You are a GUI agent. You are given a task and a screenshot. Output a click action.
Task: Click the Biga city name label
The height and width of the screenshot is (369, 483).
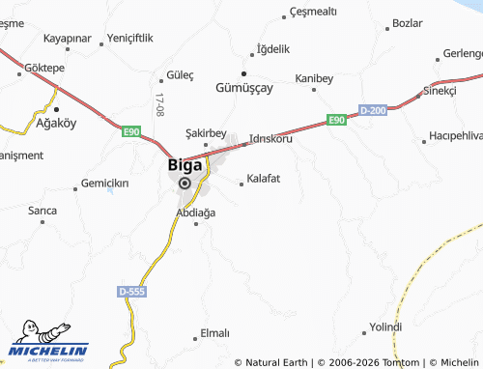tap(185, 164)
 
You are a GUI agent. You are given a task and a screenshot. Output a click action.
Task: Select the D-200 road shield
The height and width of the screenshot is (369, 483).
tap(372, 111)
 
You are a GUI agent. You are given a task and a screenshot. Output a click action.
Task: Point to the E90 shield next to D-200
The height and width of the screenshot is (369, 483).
tap(335, 119)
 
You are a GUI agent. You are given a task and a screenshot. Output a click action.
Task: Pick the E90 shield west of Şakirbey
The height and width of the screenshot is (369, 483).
tap(131, 131)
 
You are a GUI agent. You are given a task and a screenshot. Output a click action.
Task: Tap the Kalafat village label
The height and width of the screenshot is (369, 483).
tap(263, 179)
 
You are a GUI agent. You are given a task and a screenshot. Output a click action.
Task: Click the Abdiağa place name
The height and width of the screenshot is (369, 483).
tap(195, 212)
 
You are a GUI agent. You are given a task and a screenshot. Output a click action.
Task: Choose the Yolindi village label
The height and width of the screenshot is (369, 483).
tap(384, 327)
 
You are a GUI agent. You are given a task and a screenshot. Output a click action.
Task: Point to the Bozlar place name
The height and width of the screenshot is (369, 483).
tap(409, 22)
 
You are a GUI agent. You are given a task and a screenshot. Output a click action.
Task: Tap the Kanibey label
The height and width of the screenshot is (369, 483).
tap(313, 78)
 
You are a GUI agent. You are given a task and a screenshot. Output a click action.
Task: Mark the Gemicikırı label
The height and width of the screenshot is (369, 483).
tap(104, 183)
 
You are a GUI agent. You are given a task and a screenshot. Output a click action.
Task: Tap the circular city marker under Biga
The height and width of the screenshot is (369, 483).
tap(185, 182)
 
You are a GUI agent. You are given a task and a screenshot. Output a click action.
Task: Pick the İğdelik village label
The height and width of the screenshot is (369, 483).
tap(270, 48)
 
